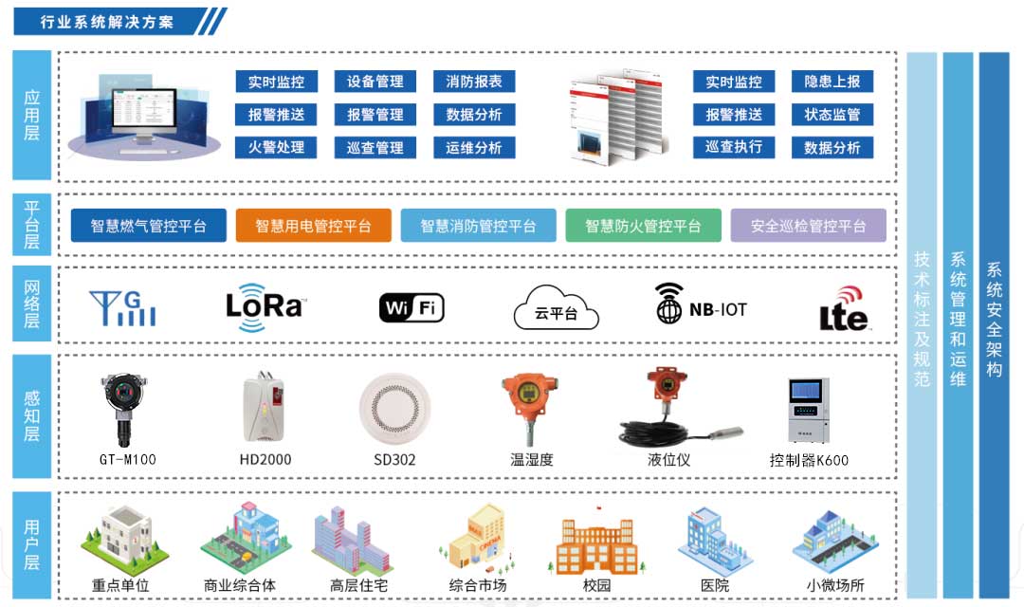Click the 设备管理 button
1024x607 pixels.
pyautogui.click(x=375, y=83)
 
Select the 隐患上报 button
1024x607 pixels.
pyautogui.click(x=832, y=83)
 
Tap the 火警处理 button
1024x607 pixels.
pyautogui.click(x=276, y=148)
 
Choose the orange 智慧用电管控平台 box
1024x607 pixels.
pyautogui.click(x=313, y=226)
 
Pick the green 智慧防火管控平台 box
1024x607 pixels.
pyautogui.click(x=643, y=226)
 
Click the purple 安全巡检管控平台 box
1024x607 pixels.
pyautogui.click(x=808, y=226)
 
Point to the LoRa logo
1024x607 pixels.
pyautogui.click(x=265, y=304)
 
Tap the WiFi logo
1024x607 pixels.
pyautogui.click(x=411, y=307)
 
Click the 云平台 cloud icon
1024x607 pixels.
pyautogui.click(x=556, y=307)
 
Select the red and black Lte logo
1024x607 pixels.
pyautogui.click(x=844, y=308)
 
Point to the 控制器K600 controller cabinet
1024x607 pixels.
pyautogui.click(x=808, y=412)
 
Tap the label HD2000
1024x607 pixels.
pyautogui.click(x=265, y=460)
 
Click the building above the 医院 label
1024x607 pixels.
pyautogui.click(x=715, y=539)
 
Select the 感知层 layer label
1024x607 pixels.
pyautogui.click(x=31, y=416)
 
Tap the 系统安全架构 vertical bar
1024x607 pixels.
pyautogui.click(x=994, y=322)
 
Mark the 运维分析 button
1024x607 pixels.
pyautogui.click(x=474, y=148)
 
